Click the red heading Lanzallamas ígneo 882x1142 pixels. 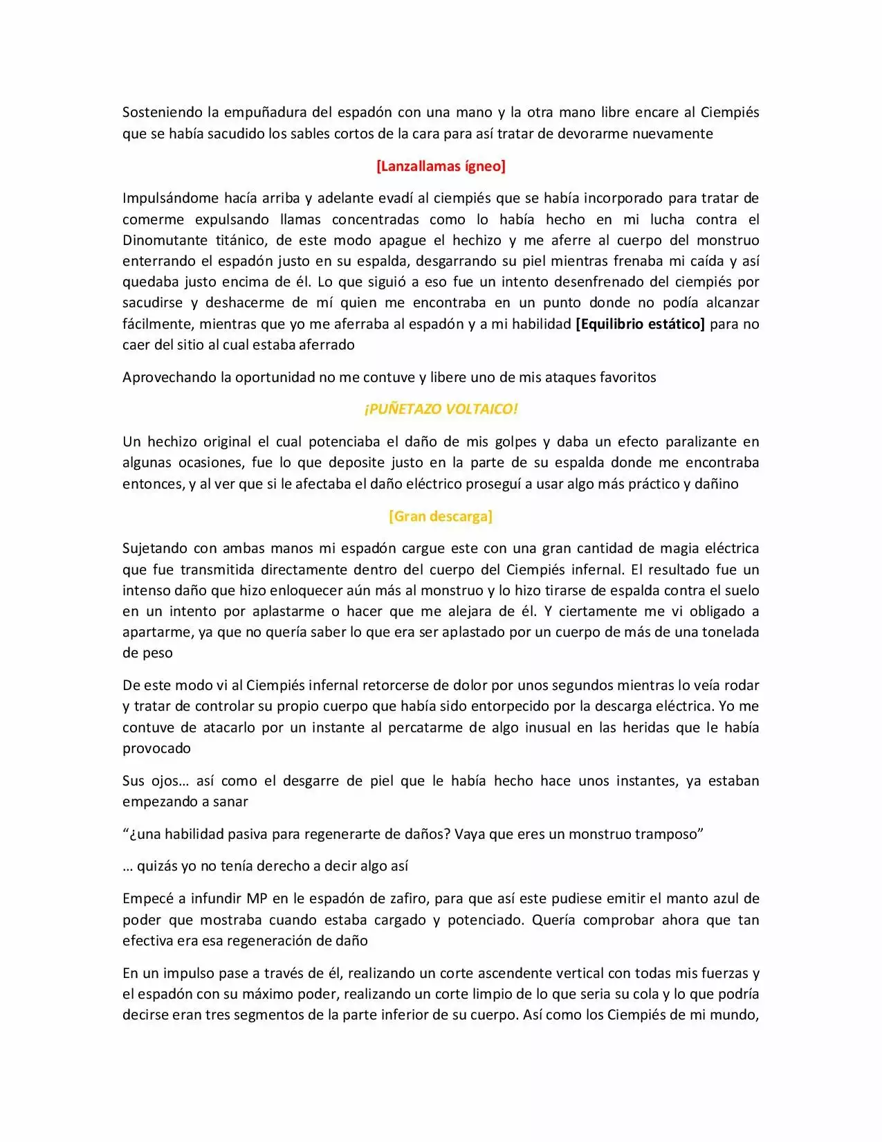pos(441,166)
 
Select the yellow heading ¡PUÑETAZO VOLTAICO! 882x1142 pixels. pos(441,409)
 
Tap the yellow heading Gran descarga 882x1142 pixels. pos(441,516)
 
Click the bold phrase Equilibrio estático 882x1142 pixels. pos(640,324)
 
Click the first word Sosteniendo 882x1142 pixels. pos(162,112)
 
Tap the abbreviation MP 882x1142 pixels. pos(257,898)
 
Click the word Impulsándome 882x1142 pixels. pos(170,198)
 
